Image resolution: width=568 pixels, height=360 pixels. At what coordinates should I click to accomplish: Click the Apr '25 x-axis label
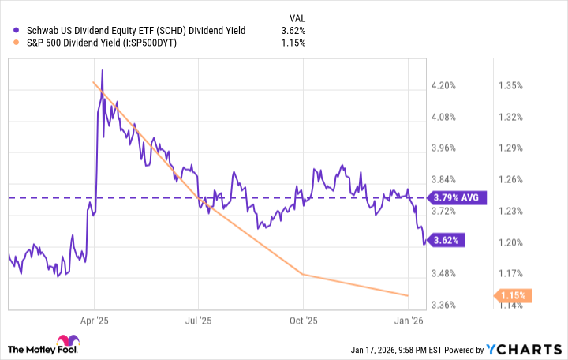94,321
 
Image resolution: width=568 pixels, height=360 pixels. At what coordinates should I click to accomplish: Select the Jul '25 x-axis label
198,321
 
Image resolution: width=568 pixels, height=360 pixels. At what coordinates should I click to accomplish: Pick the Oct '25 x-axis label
303,321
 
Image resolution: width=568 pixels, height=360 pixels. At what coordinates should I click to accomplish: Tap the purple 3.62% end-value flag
443,239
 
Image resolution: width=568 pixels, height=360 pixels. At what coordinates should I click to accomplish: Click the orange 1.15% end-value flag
513,296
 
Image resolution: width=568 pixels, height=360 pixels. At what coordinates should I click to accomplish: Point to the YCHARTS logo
532,349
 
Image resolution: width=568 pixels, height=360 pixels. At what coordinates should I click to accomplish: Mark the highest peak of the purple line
102,70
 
